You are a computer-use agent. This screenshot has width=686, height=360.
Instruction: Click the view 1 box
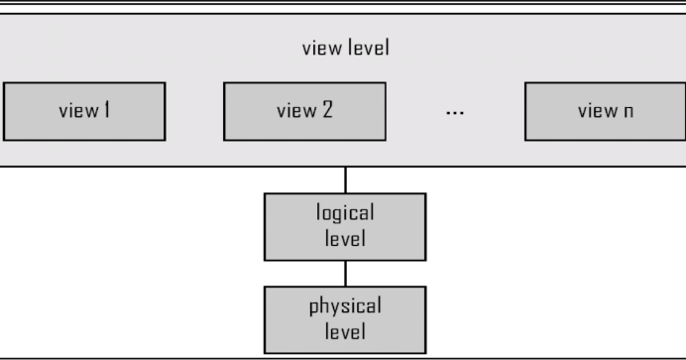83,111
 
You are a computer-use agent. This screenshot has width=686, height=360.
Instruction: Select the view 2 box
304,111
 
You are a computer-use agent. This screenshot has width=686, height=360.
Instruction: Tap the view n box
605,111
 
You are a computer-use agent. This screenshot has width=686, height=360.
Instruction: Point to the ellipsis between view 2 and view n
455,112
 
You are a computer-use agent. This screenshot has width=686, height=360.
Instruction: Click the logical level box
345,226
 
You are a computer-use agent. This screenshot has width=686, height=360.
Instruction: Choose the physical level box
345,319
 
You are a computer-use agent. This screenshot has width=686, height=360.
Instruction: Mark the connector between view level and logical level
345,180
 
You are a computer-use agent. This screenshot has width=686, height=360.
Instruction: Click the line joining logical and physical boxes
345,273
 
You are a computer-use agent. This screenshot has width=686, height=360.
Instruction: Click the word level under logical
345,238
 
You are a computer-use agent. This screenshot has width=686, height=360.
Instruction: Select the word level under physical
345,331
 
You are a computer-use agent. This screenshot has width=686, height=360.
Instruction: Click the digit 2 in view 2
326,111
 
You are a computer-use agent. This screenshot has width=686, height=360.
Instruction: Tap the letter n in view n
628,112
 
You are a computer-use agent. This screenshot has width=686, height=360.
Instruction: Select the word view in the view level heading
319,49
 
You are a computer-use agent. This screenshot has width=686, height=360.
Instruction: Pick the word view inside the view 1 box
75,111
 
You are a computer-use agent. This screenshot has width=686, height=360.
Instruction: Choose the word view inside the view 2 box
294,111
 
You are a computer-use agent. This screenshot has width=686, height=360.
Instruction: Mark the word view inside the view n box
596,111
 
